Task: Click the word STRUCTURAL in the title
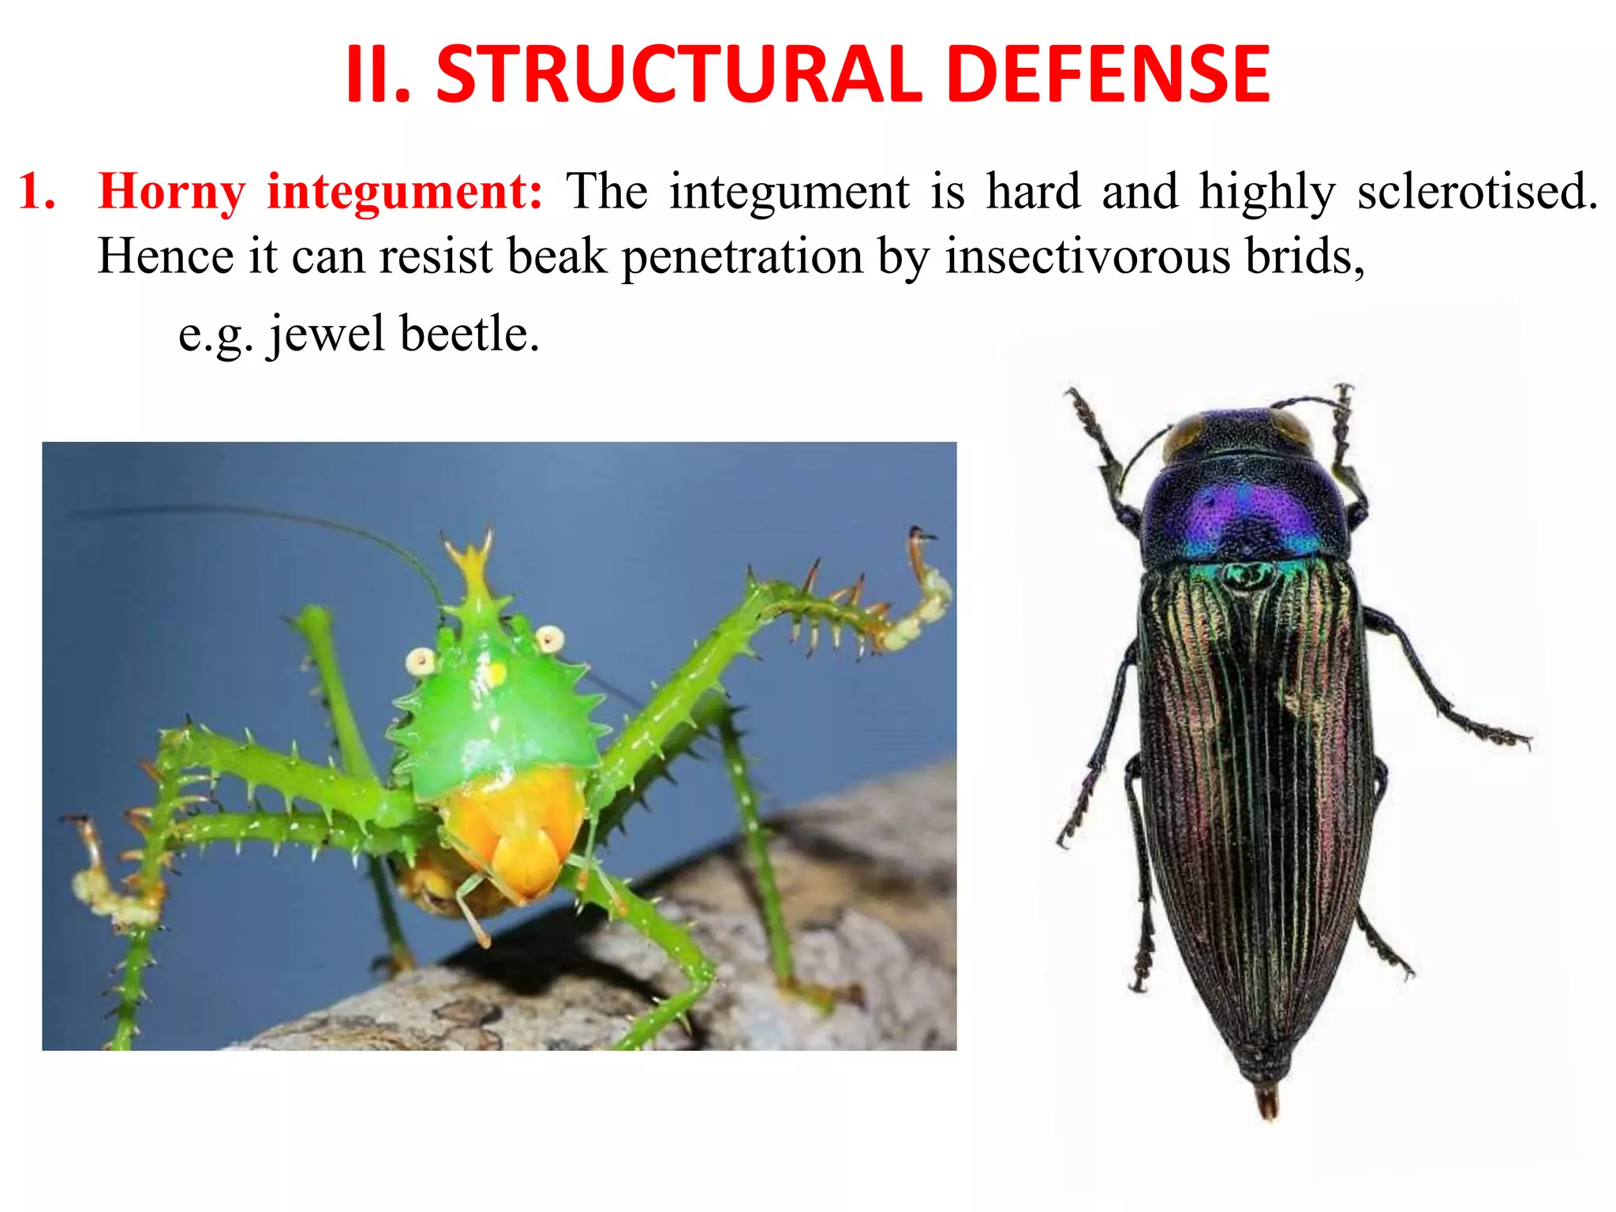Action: [x=679, y=74]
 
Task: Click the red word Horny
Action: [x=172, y=193]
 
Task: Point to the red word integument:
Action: [x=405, y=193]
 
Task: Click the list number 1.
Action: [x=37, y=192]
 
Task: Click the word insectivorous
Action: [x=1087, y=256]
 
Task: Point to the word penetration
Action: [x=743, y=258]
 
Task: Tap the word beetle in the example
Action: [x=469, y=334]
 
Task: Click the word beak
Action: [x=557, y=256]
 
